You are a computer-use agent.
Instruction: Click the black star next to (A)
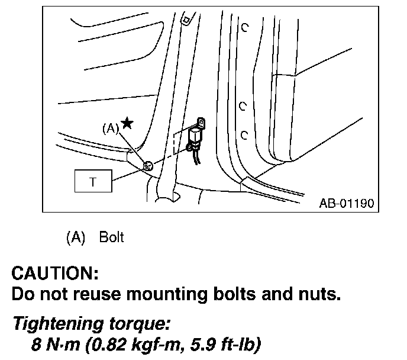(x=127, y=124)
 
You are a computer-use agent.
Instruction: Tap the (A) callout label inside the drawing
(x=111, y=128)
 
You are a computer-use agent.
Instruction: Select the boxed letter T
(x=92, y=182)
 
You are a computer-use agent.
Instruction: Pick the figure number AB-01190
(x=346, y=204)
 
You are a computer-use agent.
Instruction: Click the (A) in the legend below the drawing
(x=76, y=237)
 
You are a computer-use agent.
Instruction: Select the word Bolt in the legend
(x=111, y=237)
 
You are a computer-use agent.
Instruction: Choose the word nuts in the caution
(x=319, y=294)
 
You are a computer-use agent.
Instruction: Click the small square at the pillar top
(x=186, y=20)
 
